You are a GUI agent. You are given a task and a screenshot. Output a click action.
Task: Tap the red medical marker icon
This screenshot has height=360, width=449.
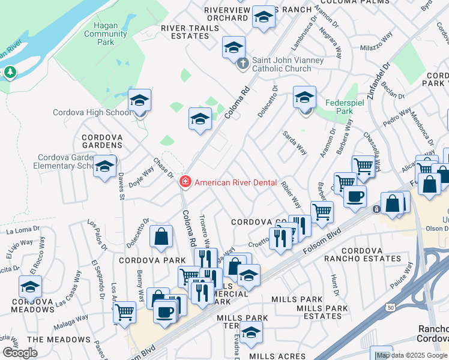[x=185, y=182]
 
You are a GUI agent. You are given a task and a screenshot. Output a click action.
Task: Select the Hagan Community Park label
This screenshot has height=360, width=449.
[x=106, y=34]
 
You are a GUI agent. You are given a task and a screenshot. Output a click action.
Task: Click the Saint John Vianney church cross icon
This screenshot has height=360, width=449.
[x=243, y=64]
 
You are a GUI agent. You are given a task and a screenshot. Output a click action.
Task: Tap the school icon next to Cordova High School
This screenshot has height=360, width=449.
[x=139, y=101]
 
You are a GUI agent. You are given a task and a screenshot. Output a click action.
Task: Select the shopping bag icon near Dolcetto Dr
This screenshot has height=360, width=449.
[x=161, y=237]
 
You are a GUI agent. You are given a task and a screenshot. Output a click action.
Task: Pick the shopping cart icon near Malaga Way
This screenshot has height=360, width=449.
[x=124, y=312]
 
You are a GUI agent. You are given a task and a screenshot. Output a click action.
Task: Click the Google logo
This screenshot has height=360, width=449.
[x=20, y=352]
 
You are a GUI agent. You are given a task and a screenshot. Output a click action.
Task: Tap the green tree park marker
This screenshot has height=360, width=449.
[x=10, y=73]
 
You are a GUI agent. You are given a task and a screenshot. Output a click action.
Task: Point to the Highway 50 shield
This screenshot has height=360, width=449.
[x=391, y=307]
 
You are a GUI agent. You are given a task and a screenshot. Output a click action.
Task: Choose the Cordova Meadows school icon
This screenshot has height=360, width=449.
[x=30, y=287]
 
